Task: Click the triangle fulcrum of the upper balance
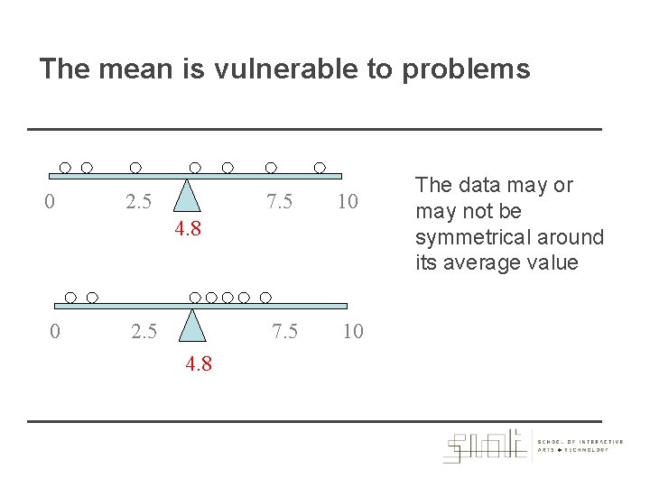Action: (x=187, y=195)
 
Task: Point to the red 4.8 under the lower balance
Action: (x=200, y=365)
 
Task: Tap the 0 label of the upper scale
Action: (x=50, y=201)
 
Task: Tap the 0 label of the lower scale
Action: (x=55, y=332)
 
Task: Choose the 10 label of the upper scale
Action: (x=348, y=201)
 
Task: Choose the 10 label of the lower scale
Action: (x=353, y=332)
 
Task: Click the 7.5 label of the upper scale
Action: (x=279, y=201)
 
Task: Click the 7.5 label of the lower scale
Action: (x=285, y=332)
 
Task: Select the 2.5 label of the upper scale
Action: (x=138, y=201)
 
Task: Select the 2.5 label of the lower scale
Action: (x=144, y=332)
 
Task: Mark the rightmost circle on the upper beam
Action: (x=320, y=168)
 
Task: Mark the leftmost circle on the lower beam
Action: (x=71, y=297)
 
